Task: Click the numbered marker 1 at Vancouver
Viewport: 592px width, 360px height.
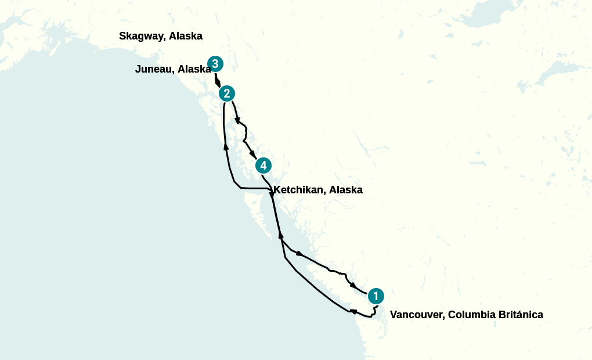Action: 376,296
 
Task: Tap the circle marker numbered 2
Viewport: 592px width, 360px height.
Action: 226,93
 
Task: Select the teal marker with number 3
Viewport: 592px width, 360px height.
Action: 215,63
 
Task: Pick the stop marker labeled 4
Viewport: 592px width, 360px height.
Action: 263,165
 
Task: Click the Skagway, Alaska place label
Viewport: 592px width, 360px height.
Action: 161,36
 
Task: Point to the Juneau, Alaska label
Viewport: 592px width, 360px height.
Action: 173,69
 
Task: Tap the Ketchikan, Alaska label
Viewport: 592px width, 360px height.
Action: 318,190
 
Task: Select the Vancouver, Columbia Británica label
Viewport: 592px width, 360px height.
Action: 467,315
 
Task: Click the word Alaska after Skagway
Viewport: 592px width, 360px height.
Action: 186,36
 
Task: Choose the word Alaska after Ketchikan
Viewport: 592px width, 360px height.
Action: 346,190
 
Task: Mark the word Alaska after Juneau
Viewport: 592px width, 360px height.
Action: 194,69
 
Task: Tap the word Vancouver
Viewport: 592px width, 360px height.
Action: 417,315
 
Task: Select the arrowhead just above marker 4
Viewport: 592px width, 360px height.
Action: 252,154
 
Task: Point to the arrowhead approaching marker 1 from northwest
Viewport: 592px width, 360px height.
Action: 353,285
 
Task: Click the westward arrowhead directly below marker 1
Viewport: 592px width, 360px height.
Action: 353,312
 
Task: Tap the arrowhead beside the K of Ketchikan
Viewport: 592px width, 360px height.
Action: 272,197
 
